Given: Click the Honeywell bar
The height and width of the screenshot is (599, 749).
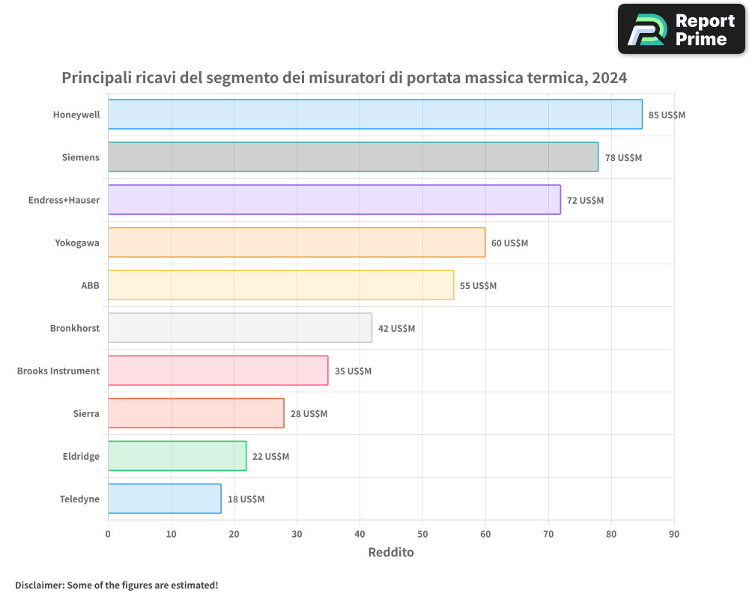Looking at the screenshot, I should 374,115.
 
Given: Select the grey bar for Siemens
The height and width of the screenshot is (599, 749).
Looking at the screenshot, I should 353,157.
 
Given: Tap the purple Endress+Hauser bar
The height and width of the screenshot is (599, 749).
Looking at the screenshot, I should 334,200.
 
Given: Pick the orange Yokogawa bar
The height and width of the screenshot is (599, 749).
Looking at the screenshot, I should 297,243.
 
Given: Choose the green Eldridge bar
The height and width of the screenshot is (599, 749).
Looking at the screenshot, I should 177,456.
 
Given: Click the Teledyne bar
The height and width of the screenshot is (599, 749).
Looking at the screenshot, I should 165,499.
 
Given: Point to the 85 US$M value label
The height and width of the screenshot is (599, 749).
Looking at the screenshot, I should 667,115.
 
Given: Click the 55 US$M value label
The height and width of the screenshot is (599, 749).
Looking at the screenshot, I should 478,286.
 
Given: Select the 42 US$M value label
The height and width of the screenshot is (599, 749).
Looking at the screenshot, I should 396,329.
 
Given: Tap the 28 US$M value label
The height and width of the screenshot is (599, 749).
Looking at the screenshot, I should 309,414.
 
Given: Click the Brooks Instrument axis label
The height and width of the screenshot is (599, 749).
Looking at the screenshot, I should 58,371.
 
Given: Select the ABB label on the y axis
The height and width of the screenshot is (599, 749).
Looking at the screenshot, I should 90,286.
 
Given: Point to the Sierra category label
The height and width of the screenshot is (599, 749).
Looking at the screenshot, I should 86,414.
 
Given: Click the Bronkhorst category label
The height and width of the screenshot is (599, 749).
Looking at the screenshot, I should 75,329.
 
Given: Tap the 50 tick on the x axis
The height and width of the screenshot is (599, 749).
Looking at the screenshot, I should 422,534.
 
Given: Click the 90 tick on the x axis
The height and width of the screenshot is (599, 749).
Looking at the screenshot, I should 674,534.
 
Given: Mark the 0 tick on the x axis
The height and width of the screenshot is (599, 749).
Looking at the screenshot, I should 108,534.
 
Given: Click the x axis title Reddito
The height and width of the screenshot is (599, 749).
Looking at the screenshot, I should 390,553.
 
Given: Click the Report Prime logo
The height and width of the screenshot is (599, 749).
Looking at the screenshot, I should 681,29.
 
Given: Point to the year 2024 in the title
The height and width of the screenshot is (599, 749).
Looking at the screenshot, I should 609,78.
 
